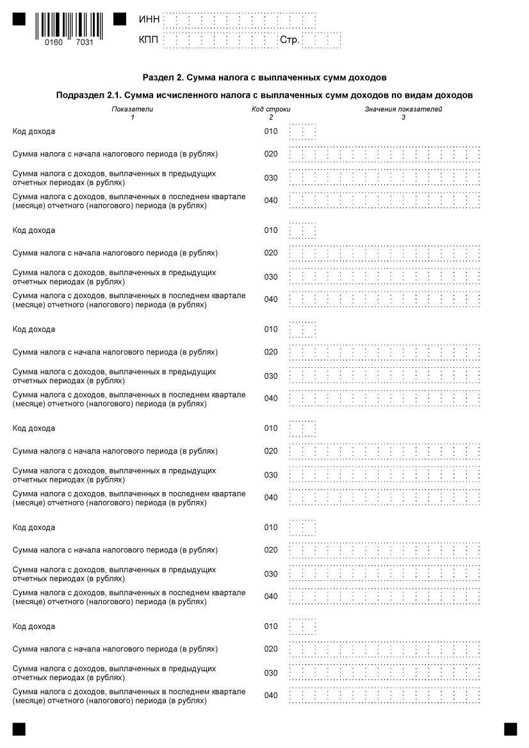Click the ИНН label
[149, 20]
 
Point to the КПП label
[149, 41]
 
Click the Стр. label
[290, 41]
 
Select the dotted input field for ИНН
[239, 20]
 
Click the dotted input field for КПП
[220, 41]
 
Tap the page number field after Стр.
[321, 41]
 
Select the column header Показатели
[132, 109]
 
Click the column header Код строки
[271, 109]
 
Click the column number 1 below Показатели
[132, 117]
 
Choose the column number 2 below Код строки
[271, 117]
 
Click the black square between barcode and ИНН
[120, 19]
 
